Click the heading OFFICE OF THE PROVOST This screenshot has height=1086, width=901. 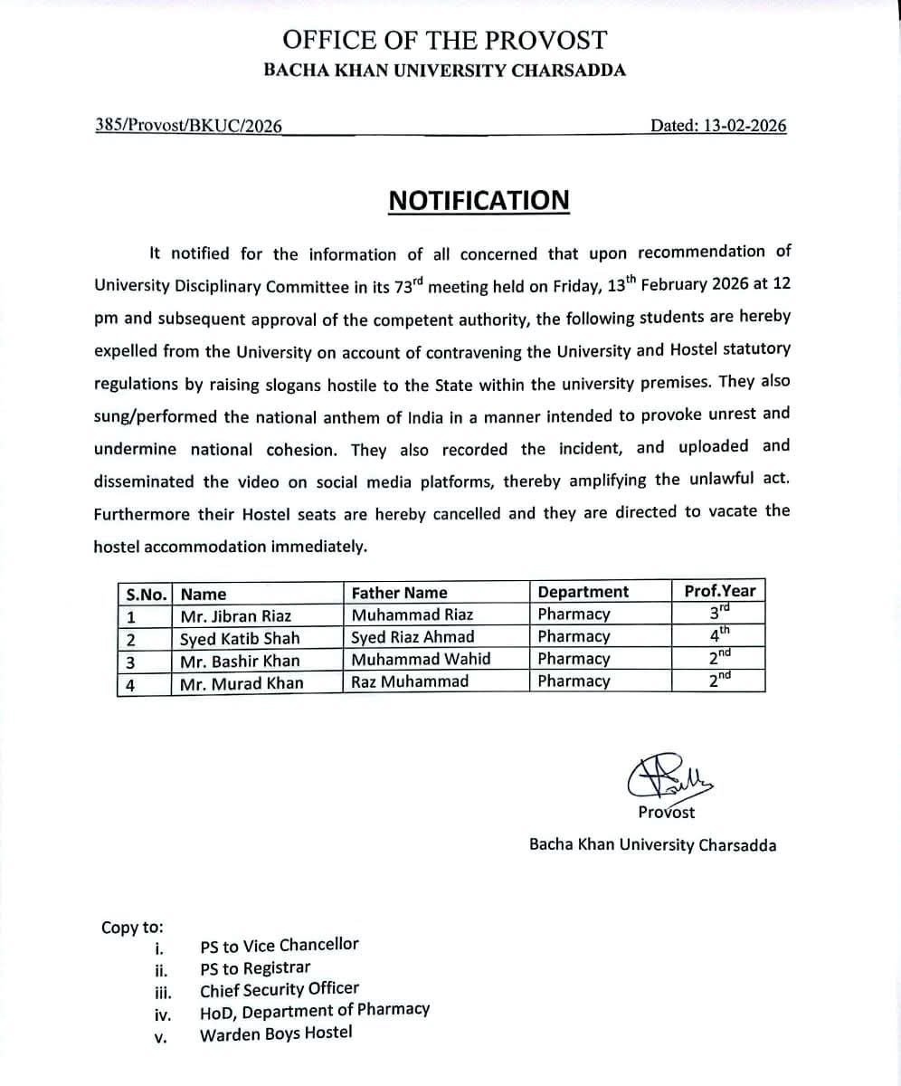click(x=444, y=40)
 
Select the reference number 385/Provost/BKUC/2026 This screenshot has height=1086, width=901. click(x=188, y=126)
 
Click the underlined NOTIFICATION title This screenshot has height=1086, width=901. click(x=479, y=200)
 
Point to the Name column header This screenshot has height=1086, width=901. click(x=204, y=594)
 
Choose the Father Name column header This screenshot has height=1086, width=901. click(x=399, y=593)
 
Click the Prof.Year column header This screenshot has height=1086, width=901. click(x=719, y=591)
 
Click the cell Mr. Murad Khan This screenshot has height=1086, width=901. click(x=242, y=683)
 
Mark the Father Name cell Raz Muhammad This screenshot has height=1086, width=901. click(x=410, y=681)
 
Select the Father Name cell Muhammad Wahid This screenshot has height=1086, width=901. click(x=421, y=659)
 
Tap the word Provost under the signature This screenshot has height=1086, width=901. click(x=667, y=812)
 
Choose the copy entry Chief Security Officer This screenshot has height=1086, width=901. click(x=280, y=989)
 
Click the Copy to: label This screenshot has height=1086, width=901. click(x=132, y=927)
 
